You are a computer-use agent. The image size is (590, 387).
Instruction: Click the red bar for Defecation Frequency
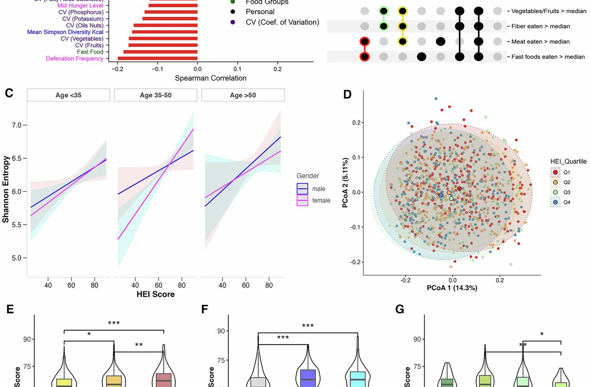[x=157, y=59]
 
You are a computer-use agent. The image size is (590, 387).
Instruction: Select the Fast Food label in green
[x=90, y=52]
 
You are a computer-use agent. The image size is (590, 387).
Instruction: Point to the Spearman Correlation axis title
[x=210, y=78]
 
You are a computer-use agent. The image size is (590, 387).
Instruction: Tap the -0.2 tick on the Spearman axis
[x=117, y=69]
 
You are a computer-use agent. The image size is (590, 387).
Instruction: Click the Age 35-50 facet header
[x=156, y=95]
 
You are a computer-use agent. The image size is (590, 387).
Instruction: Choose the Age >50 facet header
[x=243, y=95]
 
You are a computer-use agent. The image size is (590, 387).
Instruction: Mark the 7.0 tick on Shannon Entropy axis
[x=17, y=125]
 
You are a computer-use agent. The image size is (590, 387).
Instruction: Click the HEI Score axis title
[x=156, y=294]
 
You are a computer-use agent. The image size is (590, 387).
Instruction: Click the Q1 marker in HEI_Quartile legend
[x=555, y=172]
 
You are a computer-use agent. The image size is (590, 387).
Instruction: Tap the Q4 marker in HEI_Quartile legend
[x=555, y=202]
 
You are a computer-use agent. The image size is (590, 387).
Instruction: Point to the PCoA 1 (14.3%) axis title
[x=452, y=288]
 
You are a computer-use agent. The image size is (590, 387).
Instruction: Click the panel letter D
[x=347, y=94]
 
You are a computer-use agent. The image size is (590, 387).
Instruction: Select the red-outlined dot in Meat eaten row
[x=364, y=42]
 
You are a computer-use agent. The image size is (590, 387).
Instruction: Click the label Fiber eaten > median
[x=540, y=26]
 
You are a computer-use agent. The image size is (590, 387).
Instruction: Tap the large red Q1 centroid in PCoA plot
[x=459, y=189]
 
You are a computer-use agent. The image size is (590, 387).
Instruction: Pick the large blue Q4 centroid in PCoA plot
[x=441, y=195]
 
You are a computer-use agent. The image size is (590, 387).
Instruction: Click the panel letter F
[x=205, y=310]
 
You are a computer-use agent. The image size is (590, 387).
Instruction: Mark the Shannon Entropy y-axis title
[x=6, y=189]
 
